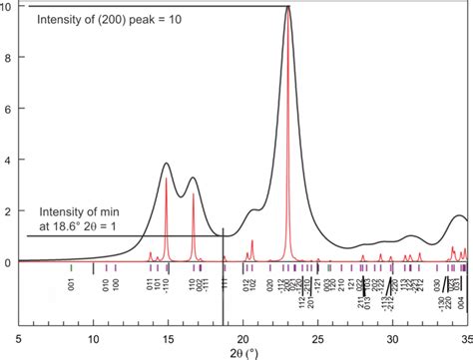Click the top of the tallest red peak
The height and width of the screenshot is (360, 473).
(289, 8)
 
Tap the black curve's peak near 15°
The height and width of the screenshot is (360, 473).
(167, 164)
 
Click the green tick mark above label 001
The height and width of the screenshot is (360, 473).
(72, 268)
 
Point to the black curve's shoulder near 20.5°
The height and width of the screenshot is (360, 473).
(253, 210)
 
